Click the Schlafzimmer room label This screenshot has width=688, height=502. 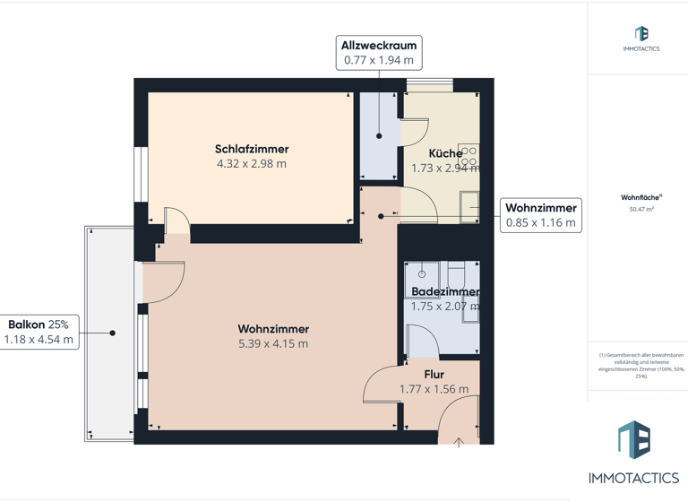252,149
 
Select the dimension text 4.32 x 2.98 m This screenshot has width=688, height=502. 252,164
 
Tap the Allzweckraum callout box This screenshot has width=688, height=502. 379,52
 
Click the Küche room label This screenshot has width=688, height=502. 445,153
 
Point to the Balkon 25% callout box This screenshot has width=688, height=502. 39,332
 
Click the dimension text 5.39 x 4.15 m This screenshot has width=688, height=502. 273,343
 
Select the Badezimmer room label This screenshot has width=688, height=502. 445,291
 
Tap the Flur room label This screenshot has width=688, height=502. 434,374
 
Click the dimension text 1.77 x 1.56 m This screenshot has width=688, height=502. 434,389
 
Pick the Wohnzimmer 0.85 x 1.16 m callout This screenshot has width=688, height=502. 541,215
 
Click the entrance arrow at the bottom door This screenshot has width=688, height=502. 459,441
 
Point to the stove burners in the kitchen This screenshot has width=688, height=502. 469,157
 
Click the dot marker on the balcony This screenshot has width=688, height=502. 113,333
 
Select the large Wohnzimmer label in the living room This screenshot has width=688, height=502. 273,328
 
